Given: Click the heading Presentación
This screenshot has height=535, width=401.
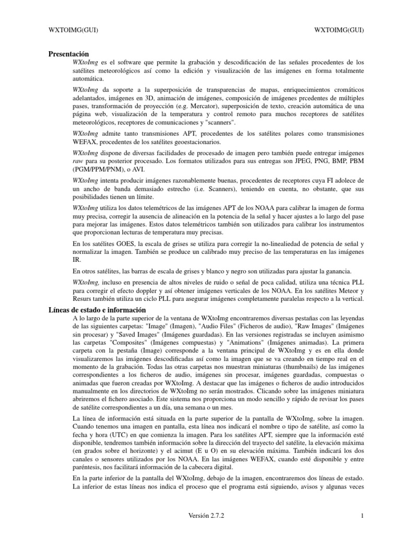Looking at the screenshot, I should pos(68,54).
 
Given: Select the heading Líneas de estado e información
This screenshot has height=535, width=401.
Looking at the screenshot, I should pos(97,310).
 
